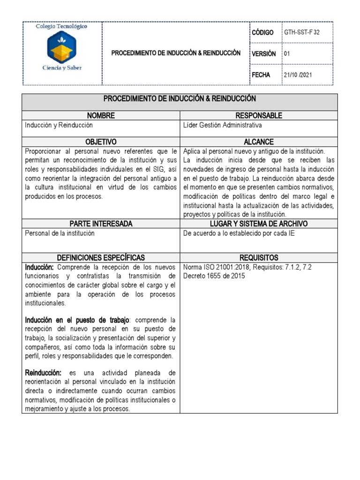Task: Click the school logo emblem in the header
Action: point(62,47)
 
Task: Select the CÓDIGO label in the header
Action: point(262,32)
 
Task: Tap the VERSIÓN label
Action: point(263,53)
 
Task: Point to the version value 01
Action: point(287,53)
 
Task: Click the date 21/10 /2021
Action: point(298,75)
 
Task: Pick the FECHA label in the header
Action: point(261,75)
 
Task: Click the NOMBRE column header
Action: point(101,115)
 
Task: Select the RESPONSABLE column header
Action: point(259,115)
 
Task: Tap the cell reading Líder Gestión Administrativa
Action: point(223,125)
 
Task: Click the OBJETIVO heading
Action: point(101,142)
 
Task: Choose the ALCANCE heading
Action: point(259,142)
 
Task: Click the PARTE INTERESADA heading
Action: point(101,224)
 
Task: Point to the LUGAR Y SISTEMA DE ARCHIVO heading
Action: point(259,224)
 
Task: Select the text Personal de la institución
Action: point(60,233)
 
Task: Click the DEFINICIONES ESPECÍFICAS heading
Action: point(101,257)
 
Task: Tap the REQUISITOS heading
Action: point(259,257)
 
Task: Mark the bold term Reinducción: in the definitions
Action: point(43,373)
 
